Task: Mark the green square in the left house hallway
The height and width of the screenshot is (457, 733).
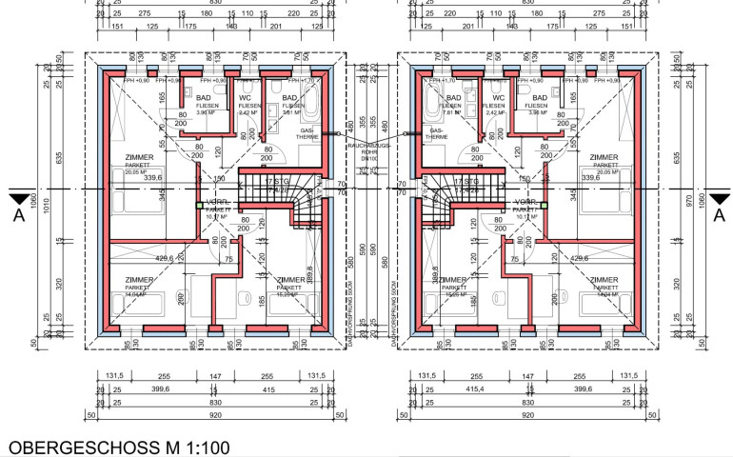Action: click(199, 204)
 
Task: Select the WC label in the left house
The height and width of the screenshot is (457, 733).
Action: click(245, 97)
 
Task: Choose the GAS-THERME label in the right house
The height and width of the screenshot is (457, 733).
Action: click(436, 133)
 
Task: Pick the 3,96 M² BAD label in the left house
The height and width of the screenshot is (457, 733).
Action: click(203, 112)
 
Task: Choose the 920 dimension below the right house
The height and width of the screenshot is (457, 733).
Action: click(526, 416)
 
